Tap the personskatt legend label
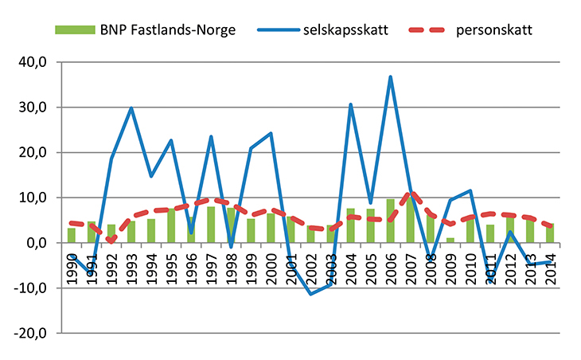coord(494,30)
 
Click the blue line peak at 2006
coord(391,77)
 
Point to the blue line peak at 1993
coord(131,108)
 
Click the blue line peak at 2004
coord(351,104)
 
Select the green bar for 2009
coord(450,241)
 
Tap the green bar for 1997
coord(211,225)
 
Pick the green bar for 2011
coord(490,234)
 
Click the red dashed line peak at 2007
coord(411,193)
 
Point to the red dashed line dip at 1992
coord(111,240)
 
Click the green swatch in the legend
coord(75,30)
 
